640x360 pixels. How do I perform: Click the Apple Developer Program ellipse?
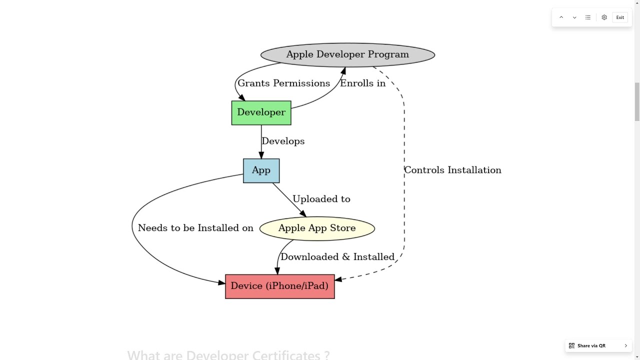point(347,54)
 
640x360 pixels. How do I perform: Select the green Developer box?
point(261,112)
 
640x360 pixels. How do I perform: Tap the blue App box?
point(261,170)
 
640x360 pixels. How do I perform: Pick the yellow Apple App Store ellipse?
point(317,228)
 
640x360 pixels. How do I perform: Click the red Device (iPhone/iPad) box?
point(279,286)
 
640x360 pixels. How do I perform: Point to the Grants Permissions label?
point(283,83)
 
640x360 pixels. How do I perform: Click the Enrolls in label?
point(362,83)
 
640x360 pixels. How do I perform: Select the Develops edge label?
point(283,141)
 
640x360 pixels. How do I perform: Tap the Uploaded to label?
point(321,199)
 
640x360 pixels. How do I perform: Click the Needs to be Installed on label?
point(195,228)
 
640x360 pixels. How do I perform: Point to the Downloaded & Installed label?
point(337,257)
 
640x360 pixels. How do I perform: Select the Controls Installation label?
point(452,170)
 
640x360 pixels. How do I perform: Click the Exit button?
point(620,17)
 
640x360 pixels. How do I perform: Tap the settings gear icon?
point(604,17)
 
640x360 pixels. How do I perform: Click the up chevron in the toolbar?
point(561,17)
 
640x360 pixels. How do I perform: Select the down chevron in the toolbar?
point(574,17)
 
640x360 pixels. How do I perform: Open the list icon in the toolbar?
point(588,17)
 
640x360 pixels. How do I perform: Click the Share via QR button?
point(598,345)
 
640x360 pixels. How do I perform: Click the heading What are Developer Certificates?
point(228,355)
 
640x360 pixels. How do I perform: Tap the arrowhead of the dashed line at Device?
point(338,279)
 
